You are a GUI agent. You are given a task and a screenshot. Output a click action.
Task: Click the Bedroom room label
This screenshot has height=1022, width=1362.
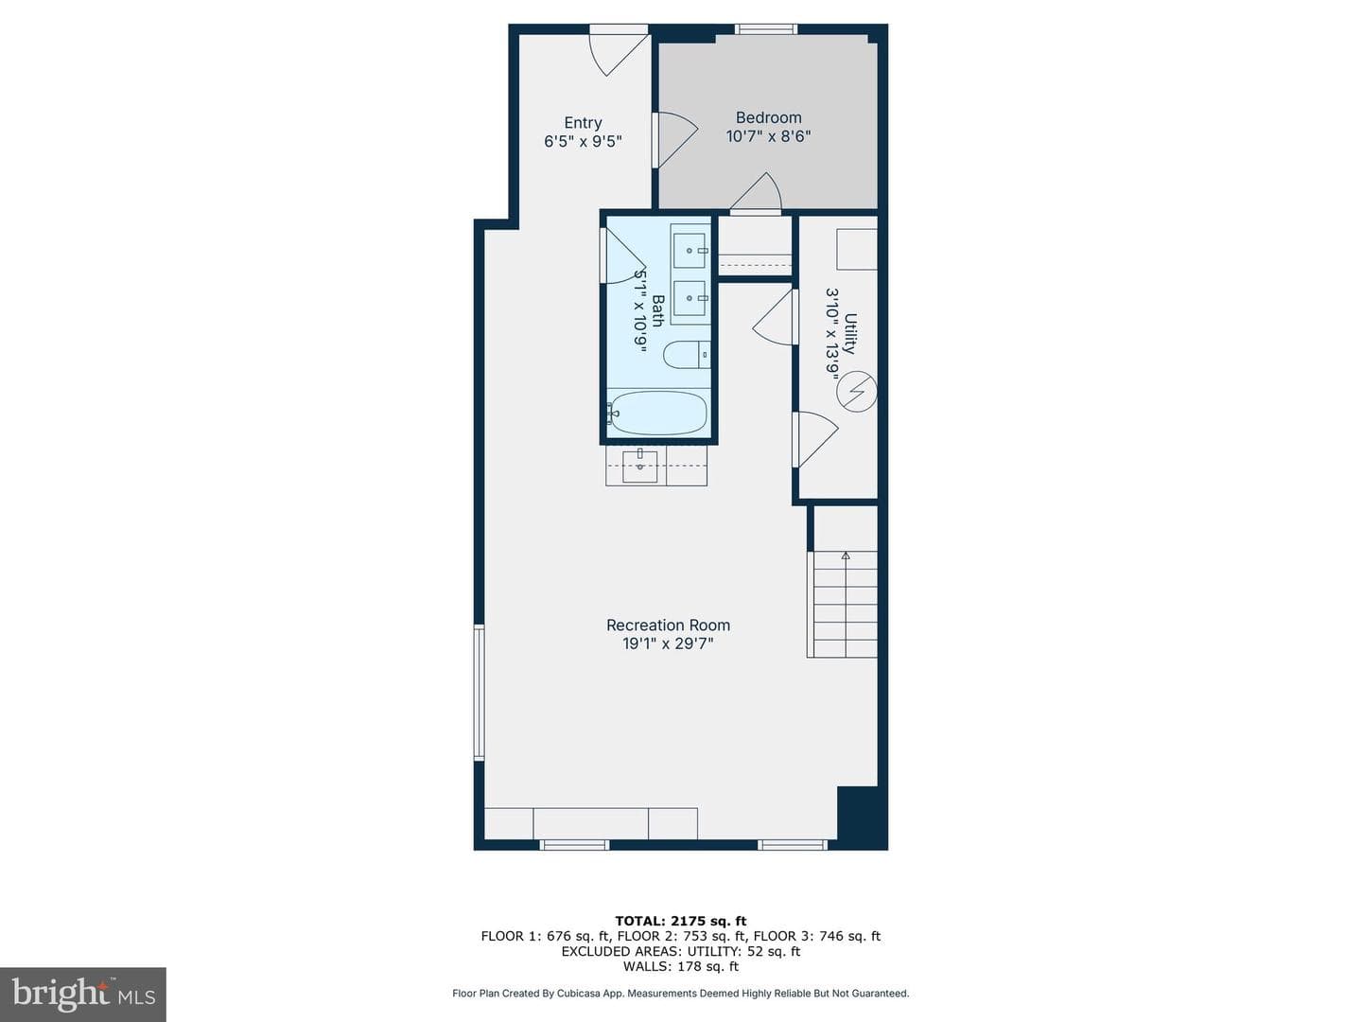click(768, 117)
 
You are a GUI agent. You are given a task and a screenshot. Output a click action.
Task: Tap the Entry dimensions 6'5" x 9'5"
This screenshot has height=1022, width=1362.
click(583, 142)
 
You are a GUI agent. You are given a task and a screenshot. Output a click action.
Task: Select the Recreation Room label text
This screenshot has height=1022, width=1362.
click(668, 625)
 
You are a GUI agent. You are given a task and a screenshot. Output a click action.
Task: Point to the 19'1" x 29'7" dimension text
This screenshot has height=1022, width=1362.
click(668, 643)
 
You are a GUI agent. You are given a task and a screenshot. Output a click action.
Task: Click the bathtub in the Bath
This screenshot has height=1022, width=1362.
click(657, 414)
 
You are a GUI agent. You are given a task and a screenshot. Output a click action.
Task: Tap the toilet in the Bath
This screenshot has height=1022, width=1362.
click(687, 355)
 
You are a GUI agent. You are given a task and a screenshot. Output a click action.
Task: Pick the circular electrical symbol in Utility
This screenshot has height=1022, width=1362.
click(856, 392)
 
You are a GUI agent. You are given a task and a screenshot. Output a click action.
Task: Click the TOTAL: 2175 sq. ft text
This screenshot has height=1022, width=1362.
click(681, 921)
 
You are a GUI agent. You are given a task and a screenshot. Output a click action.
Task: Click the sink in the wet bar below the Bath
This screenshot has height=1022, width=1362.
click(639, 467)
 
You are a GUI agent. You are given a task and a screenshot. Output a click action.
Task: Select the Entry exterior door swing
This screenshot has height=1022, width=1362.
click(618, 55)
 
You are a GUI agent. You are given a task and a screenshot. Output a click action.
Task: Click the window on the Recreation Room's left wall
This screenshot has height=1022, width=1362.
click(479, 693)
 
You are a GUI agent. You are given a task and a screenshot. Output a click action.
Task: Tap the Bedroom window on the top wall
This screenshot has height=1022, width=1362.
click(766, 28)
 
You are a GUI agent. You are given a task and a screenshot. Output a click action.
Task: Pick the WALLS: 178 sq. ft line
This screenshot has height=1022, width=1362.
click(681, 966)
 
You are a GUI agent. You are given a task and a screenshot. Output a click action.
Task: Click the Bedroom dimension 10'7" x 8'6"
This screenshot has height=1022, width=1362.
click(768, 136)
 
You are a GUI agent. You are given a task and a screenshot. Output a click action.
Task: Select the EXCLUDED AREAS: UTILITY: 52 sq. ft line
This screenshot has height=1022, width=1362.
click(681, 951)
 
